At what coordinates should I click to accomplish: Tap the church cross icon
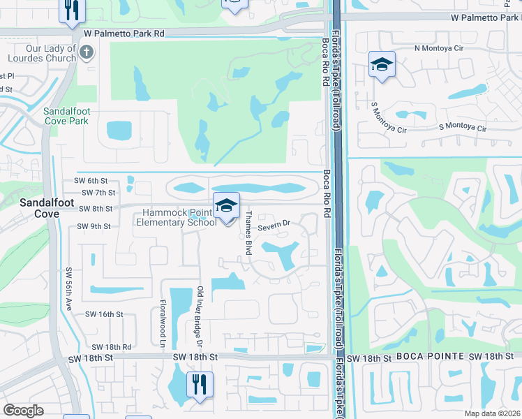pyautogui.click(x=86, y=52)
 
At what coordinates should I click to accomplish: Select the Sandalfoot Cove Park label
pyautogui.click(x=66, y=116)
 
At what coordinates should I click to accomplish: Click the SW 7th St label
pyautogui.click(x=98, y=192)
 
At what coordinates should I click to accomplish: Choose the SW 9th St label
pyautogui.click(x=94, y=226)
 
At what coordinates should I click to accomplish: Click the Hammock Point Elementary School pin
pyautogui.click(x=226, y=207)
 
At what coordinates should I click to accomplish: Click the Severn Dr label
pyautogui.click(x=274, y=226)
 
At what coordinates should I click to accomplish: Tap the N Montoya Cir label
pyautogui.click(x=438, y=48)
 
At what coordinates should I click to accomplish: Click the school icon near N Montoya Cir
pyautogui.click(x=382, y=65)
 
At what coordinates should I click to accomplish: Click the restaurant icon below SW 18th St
pyautogui.click(x=200, y=383)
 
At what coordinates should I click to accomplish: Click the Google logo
pyautogui.click(x=24, y=411)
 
